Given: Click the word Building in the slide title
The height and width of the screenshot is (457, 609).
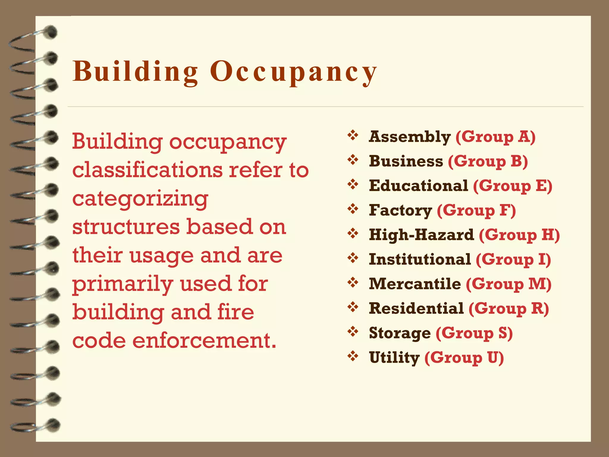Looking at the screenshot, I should [135, 72].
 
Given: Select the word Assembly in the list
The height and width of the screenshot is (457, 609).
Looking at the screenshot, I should [410, 137].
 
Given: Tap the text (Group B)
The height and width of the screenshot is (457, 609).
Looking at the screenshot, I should [488, 161].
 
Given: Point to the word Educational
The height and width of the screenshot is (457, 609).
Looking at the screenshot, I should [418, 186].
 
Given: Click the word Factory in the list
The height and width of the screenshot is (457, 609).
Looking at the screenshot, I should [400, 210].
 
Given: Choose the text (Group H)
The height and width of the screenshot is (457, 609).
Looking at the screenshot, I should [519, 235].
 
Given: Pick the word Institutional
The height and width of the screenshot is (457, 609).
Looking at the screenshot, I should [420, 259].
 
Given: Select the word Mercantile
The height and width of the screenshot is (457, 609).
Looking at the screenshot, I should [415, 284].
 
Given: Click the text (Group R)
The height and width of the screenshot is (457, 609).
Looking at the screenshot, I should [508, 308].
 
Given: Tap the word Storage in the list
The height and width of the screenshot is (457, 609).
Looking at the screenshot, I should [400, 333].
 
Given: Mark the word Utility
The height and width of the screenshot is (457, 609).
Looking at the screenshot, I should [394, 357].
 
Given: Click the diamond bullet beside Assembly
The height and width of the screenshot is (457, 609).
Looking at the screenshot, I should [353, 135].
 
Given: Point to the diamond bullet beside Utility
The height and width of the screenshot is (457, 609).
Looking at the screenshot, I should [353, 356].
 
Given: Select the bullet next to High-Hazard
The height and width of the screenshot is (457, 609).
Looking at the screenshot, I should [353, 233].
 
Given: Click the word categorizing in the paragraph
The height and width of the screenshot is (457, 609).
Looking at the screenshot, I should [140, 199].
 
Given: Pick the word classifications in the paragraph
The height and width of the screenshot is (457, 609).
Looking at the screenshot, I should [147, 170].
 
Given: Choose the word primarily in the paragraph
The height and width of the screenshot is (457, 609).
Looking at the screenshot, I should [123, 284].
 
